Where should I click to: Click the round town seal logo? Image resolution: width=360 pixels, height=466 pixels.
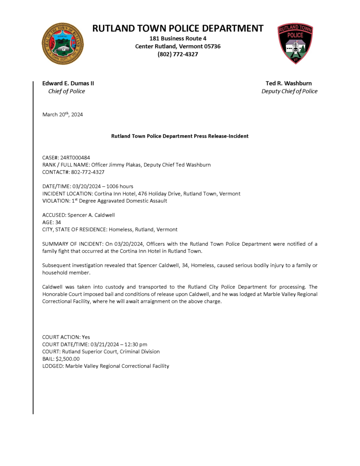[x=62, y=44]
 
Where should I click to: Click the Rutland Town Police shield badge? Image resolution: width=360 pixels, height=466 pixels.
[x=295, y=44]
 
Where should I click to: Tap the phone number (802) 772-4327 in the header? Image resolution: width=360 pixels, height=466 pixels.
[x=178, y=54]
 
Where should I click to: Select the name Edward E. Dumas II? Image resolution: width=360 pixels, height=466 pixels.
[x=68, y=83]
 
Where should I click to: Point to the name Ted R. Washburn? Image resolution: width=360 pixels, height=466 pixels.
[x=289, y=83]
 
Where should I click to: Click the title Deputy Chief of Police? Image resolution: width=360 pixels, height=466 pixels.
[x=289, y=91]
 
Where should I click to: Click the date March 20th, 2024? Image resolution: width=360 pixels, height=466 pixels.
[x=63, y=114]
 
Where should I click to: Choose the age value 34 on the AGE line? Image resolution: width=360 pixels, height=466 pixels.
[x=58, y=222]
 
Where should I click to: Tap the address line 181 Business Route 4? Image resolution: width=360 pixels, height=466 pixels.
[x=178, y=38]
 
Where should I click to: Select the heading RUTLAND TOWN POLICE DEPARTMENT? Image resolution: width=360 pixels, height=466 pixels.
[x=178, y=28]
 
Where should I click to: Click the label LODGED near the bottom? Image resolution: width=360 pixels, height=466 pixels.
[x=53, y=366]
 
